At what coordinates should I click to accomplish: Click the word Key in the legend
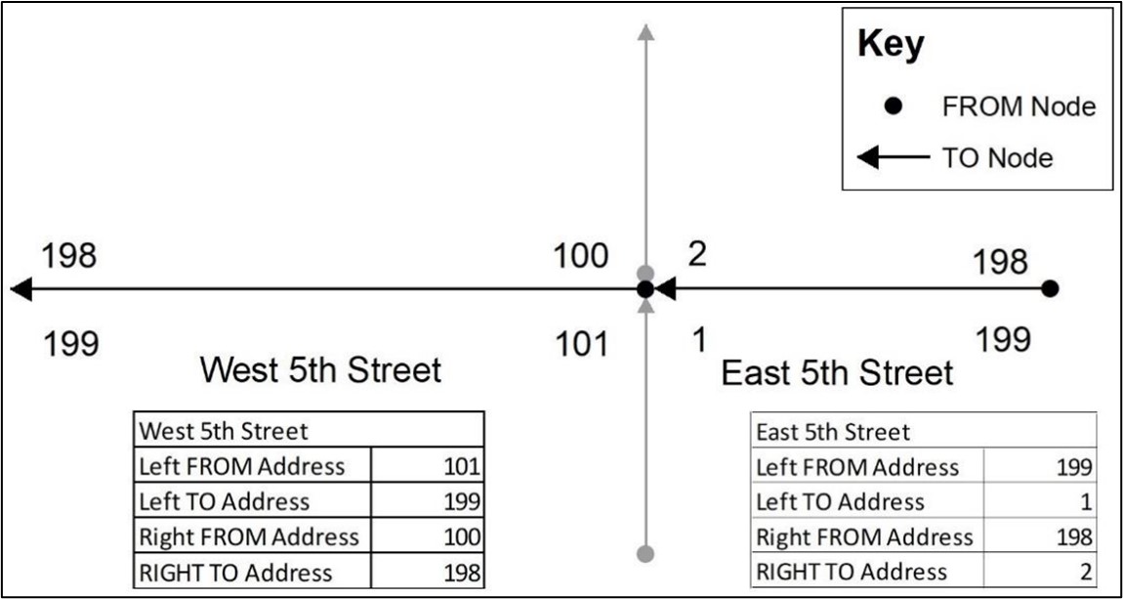(891, 47)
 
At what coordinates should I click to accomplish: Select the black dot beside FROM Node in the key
(893, 107)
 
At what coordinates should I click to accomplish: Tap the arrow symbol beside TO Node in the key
(894, 157)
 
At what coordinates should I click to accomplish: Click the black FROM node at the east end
(1050, 289)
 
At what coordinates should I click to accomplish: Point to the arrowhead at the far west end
(21, 289)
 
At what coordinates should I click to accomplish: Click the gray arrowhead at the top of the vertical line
(646, 32)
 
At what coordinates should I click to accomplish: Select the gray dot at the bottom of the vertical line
(645, 553)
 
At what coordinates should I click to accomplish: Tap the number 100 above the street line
(580, 257)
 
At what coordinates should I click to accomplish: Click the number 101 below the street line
(582, 345)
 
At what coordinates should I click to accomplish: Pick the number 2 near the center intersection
(697, 255)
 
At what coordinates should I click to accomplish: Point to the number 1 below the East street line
(700, 340)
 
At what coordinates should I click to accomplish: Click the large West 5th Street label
(320, 372)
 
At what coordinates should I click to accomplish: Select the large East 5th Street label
(837, 373)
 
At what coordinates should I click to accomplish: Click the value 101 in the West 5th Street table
(461, 467)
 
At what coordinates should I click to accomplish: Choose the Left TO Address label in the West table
(225, 501)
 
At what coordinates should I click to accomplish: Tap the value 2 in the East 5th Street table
(1086, 571)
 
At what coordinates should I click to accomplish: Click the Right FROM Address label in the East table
(864, 536)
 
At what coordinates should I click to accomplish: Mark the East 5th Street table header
(833, 432)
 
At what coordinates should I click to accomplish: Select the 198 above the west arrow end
(68, 256)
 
